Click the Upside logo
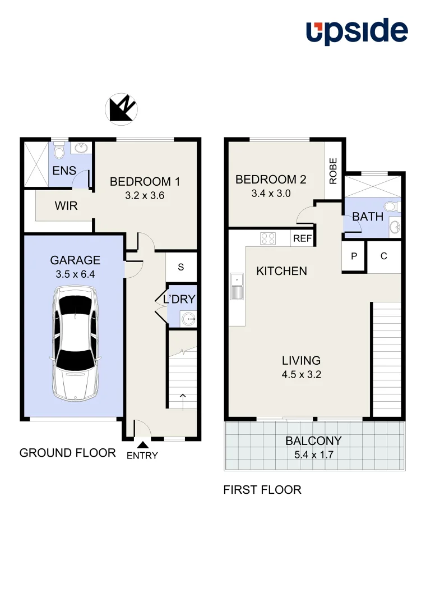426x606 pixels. coord(356,31)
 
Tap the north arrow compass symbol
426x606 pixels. coord(121,109)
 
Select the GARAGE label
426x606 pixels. coord(75,260)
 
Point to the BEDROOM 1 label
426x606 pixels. coord(145,182)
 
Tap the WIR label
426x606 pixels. coord(66,206)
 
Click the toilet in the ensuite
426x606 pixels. coord(59,151)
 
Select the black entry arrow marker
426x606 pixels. coord(142,444)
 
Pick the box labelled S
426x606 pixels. coord(181,267)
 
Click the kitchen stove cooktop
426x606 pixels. coord(268,238)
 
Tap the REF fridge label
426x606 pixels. coord(302,239)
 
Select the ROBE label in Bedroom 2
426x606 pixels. coord(334,171)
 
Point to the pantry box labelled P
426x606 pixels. coord(354,256)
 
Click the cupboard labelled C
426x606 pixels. coord(384,256)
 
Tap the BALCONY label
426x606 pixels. coord(313,441)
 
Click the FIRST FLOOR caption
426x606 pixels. coord(262,490)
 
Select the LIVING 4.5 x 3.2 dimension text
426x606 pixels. coord(301,375)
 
